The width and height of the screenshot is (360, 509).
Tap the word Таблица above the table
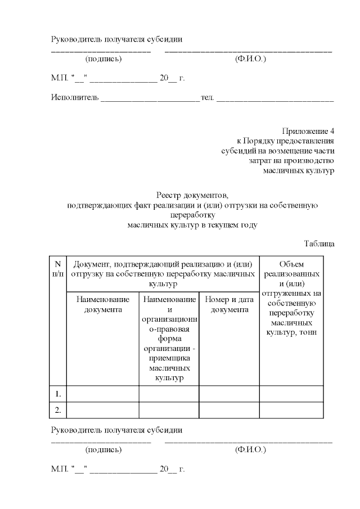click(319, 244)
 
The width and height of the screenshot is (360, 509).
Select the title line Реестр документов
click(192, 196)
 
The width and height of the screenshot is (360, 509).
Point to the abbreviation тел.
click(208, 97)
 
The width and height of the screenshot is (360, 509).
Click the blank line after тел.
click(275, 99)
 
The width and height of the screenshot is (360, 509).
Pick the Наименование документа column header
click(103, 304)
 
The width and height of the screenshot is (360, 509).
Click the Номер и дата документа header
click(229, 304)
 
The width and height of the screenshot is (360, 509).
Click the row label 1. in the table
click(58, 394)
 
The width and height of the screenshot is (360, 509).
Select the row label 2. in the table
click(58, 411)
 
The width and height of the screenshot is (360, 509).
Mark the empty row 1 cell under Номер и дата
click(229, 394)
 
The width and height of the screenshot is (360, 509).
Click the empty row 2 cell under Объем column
click(291, 411)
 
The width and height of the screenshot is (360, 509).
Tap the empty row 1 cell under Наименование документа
click(103, 394)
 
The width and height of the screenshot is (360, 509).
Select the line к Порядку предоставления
click(286, 141)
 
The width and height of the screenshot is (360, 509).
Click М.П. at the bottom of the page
click(59, 469)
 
